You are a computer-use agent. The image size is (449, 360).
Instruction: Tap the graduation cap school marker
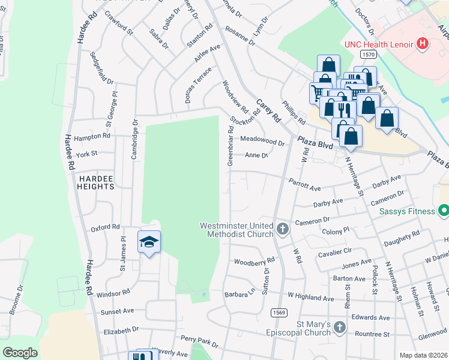coord(149,242)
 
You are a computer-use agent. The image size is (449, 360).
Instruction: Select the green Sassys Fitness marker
coord(444,211)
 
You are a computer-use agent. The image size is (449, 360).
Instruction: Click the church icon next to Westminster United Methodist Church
coord(283,229)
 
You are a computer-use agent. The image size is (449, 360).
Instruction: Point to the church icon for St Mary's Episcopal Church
coord(340,328)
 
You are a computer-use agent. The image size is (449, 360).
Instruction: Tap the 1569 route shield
coord(278,313)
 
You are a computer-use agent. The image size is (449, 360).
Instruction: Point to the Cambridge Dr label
coord(134,139)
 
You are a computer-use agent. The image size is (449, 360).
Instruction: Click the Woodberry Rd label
coord(254,262)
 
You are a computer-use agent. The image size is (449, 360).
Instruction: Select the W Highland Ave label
coord(310,297)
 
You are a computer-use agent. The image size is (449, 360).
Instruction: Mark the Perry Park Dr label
coord(199,341)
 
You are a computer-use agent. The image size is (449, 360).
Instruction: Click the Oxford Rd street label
coord(105,228)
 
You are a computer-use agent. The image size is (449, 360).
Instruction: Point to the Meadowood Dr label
coord(262,140)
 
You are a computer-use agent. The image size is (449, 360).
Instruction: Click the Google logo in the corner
coord(20,353)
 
